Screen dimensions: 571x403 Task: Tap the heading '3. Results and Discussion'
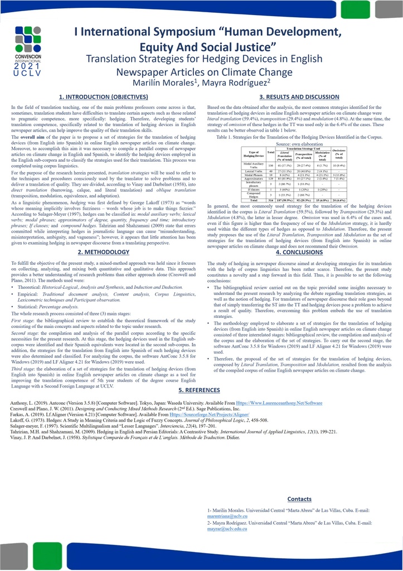click(x=299, y=97)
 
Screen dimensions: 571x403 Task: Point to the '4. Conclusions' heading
click(x=299, y=252)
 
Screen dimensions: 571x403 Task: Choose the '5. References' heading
click(x=199, y=390)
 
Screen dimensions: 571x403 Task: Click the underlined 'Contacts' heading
click(x=299, y=499)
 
